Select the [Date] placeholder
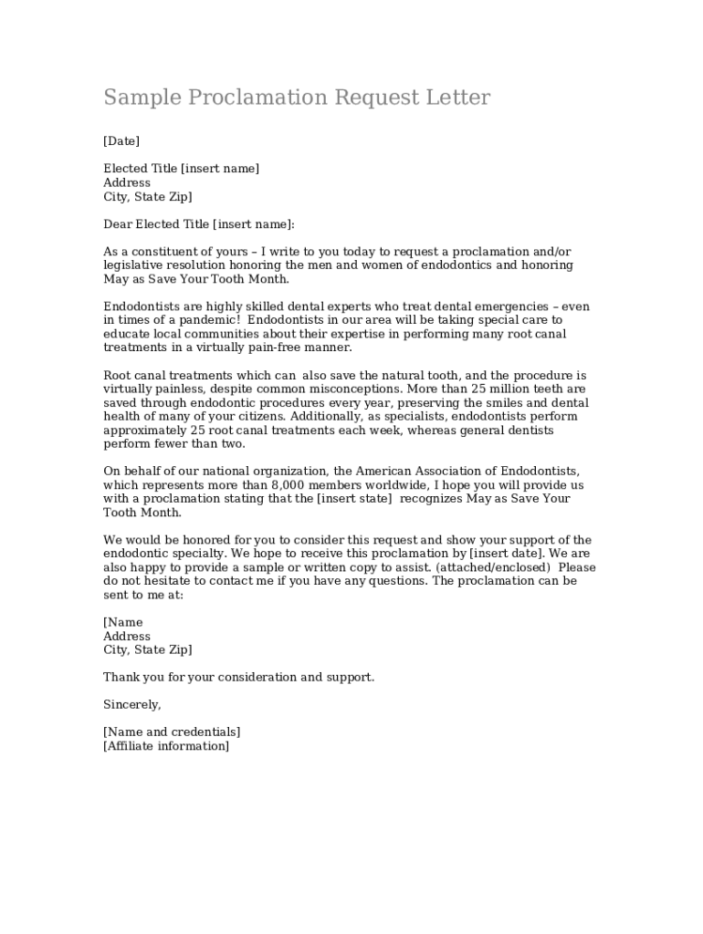pyautogui.click(x=121, y=141)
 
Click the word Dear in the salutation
pyautogui.click(x=118, y=224)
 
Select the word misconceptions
pyautogui.click(x=346, y=389)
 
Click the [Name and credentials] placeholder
pyautogui.click(x=172, y=732)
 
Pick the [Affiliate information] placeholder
pyautogui.click(x=166, y=746)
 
